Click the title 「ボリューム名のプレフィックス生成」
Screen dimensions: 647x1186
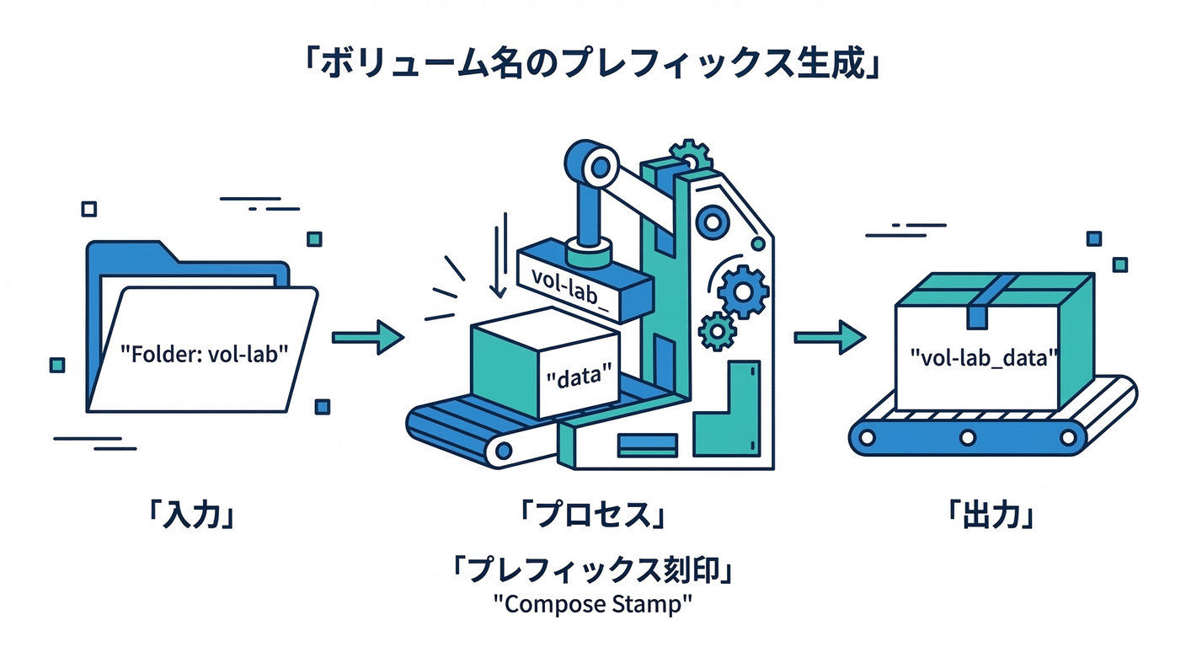point(592,63)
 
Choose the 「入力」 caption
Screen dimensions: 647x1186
point(191,513)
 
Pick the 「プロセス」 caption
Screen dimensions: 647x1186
point(592,513)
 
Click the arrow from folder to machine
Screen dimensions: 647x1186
point(367,337)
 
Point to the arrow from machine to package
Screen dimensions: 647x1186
point(830,337)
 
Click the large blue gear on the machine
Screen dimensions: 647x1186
point(743,290)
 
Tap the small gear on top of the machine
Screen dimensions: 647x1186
point(691,155)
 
